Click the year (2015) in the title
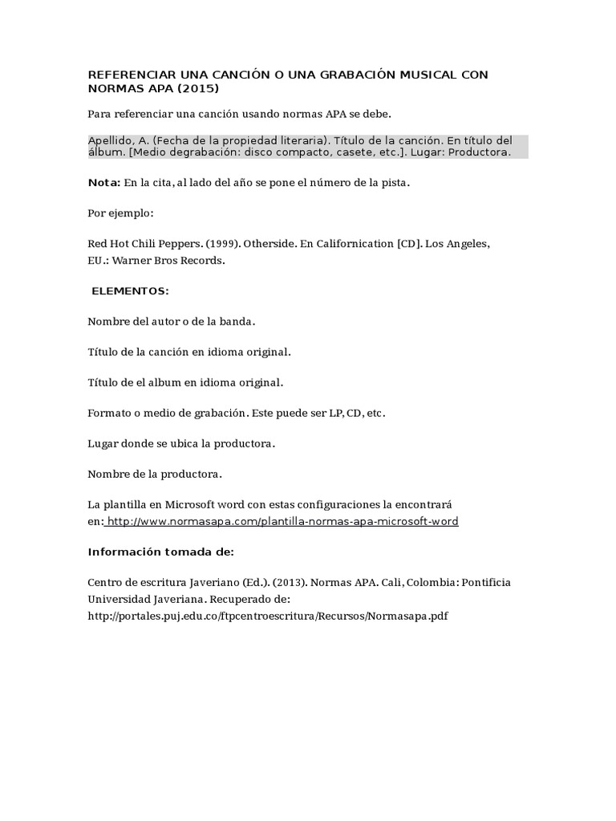pyautogui.click(x=198, y=88)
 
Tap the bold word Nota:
pyautogui.click(x=104, y=183)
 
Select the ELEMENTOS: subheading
pyautogui.click(x=130, y=290)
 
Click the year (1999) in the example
pyautogui.click(x=220, y=243)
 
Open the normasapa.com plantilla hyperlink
pyautogui.click(x=282, y=521)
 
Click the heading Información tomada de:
pyautogui.click(x=160, y=552)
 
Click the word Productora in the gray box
pyautogui.click(x=479, y=152)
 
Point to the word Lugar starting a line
pyautogui.click(x=103, y=443)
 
